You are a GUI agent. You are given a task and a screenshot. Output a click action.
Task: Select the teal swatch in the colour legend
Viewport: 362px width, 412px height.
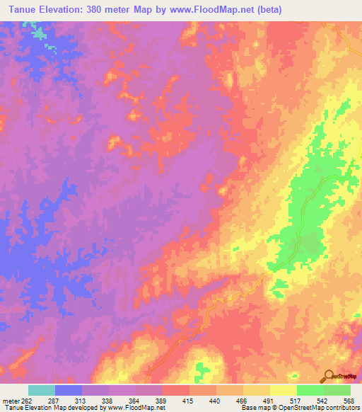tap(42, 390)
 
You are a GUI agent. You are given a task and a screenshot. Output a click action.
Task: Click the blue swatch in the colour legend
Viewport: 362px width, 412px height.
tap(69, 390)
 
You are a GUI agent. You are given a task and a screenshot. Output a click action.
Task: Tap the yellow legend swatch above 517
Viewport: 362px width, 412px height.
tap(284, 390)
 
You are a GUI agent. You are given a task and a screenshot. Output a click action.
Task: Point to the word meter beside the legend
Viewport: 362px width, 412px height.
tap(11, 401)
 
